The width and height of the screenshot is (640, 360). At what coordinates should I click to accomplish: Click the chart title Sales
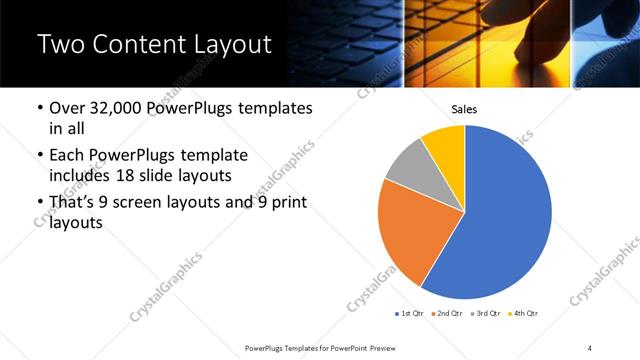[x=464, y=108]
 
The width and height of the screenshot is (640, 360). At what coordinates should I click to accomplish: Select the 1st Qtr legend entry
[x=411, y=314]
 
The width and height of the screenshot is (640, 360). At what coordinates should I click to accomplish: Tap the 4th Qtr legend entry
[x=523, y=314]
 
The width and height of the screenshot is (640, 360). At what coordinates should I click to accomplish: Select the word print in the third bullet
[x=285, y=204]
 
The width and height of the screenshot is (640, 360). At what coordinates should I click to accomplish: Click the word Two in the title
[x=59, y=44]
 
